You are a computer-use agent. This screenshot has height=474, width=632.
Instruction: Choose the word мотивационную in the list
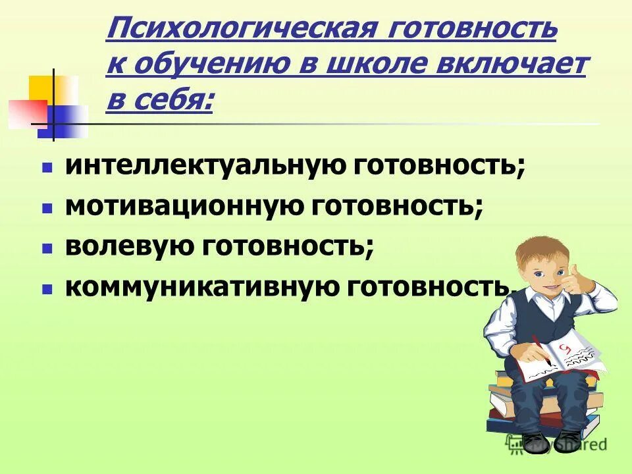click(187, 206)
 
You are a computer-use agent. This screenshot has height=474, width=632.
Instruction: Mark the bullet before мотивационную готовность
click(47, 209)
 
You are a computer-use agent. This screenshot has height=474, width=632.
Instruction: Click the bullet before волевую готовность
click(47, 250)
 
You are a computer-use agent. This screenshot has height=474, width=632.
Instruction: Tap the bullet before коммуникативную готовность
click(47, 290)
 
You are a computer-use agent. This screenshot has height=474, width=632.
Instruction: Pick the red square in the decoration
click(26, 113)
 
